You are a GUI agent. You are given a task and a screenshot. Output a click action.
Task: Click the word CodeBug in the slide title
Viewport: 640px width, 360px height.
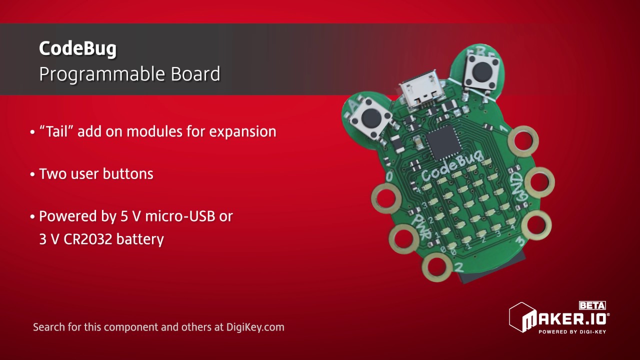coord(77,48)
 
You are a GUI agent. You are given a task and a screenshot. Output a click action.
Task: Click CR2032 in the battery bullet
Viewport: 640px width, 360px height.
coord(88,239)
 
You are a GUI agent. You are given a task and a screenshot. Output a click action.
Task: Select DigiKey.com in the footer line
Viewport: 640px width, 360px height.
coord(255,327)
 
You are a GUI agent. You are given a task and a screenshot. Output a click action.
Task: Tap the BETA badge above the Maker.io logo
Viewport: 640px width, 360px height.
coord(592,305)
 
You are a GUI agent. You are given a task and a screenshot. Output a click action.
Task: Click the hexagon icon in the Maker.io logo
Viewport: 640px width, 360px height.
coord(521,317)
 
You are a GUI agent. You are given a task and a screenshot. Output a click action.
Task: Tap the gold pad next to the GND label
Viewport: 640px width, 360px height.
coord(538,181)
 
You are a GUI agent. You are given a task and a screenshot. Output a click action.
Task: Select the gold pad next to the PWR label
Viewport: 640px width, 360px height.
coord(404,238)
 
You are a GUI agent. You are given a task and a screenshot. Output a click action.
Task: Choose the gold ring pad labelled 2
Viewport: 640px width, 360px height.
coord(437,266)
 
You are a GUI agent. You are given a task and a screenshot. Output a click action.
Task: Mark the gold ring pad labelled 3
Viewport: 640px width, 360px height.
coord(536,224)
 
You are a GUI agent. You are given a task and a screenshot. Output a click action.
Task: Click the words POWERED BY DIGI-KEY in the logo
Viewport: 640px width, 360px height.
coord(572,331)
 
